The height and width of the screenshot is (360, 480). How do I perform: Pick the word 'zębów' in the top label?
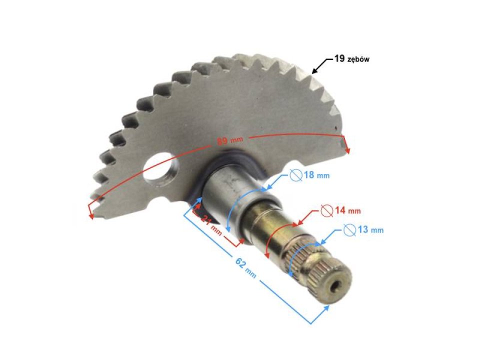(x=358, y=60)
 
